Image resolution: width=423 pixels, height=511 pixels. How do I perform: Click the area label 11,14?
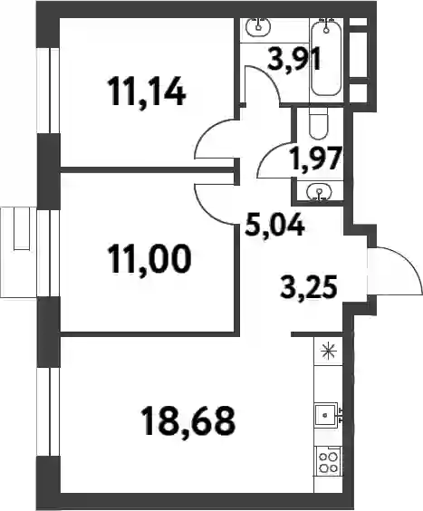tap(149, 93)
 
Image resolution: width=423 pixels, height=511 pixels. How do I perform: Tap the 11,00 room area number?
tap(150, 258)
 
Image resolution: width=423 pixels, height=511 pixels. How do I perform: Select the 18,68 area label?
tap(188, 420)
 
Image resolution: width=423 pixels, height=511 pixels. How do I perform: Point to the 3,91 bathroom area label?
tap(294, 58)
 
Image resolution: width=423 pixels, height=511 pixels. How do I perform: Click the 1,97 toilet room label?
tap(317, 158)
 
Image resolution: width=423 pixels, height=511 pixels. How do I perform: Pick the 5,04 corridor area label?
tap(275, 225)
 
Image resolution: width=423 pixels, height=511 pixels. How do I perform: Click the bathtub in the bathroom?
tap(326, 56)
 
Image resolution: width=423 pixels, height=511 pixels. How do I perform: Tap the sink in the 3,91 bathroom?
tap(259, 26)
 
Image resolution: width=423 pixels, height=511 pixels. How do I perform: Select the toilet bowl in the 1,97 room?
tap(318, 124)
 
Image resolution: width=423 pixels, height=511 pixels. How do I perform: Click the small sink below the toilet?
tap(320, 190)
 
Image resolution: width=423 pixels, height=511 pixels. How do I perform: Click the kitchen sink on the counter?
tap(326, 415)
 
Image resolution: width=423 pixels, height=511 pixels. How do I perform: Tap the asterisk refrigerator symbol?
tap(326, 352)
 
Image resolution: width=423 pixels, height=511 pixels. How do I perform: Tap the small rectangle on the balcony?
tap(22, 228)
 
